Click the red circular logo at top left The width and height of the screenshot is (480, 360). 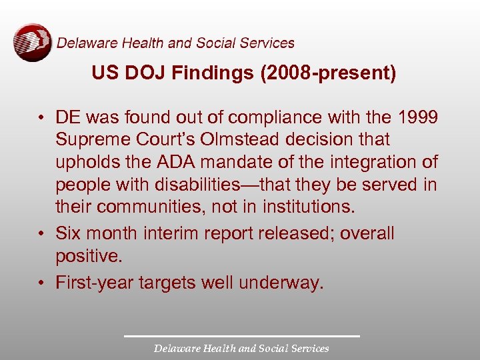pos(32,43)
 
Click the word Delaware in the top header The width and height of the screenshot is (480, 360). pos(83,43)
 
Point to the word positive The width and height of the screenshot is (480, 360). pos(86,256)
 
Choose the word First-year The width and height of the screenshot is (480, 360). pos(95,283)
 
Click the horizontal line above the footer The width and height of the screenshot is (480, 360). pos(241,335)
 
